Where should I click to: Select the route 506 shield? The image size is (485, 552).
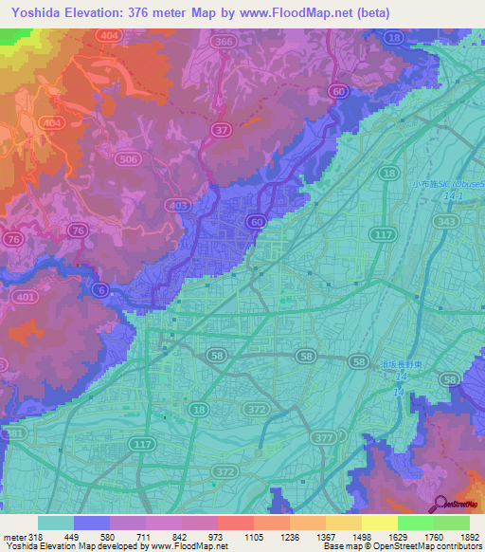point(127,160)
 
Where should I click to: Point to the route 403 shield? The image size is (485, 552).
point(176,205)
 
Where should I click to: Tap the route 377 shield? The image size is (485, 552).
point(324,437)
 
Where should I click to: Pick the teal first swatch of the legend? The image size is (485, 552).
point(55,523)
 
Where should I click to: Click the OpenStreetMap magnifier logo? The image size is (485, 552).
point(440,506)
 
